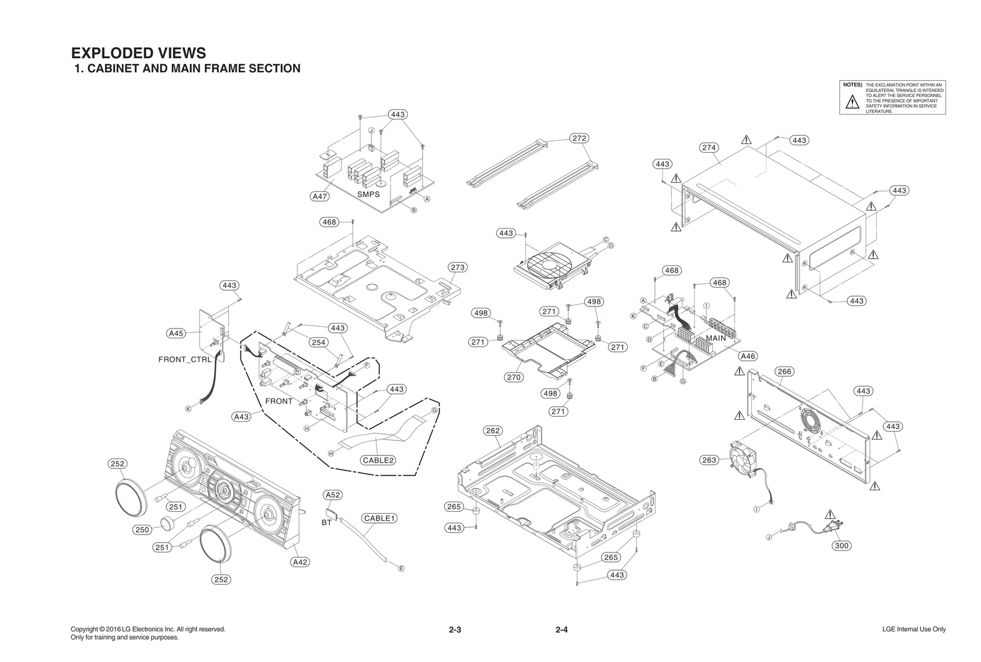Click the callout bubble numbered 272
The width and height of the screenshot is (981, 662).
click(x=579, y=139)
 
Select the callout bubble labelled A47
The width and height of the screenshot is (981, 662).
click(x=319, y=197)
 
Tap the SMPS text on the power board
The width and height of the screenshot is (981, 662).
click(x=368, y=194)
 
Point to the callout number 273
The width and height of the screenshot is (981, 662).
click(x=457, y=267)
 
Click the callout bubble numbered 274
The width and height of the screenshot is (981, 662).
click(x=709, y=148)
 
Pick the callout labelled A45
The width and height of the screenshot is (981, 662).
click(x=176, y=333)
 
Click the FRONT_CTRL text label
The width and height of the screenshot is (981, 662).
click(x=185, y=360)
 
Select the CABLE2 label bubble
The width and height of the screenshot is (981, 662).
click(x=378, y=460)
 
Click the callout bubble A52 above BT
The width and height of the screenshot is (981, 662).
click(x=332, y=495)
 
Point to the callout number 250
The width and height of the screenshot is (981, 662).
click(x=142, y=530)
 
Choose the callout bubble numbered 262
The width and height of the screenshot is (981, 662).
click(x=493, y=431)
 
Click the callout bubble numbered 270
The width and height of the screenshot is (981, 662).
click(x=514, y=377)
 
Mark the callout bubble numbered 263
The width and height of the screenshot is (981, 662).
click(x=709, y=460)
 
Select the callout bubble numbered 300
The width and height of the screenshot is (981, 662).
click(x=842, y=546)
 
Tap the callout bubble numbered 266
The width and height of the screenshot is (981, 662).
click(x=784, y=371)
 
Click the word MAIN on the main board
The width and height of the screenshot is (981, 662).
click(x=716, y=338)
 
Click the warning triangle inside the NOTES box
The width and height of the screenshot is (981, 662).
click(x=852, y=102)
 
